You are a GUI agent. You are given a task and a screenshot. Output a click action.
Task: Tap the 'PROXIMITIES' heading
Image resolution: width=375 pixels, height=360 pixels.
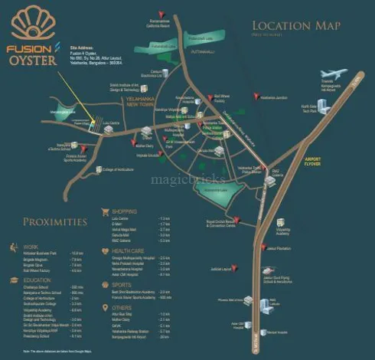tap(54, 222)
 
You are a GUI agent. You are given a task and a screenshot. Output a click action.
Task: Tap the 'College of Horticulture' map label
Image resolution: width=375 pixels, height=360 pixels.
tap(118, 169)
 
